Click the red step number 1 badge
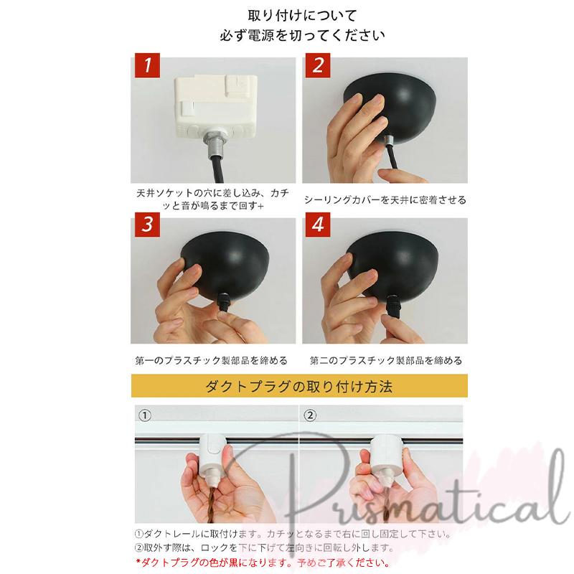click(x=147, y=65)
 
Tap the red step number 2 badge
click(x=318, y=65)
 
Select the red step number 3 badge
click(x=147, y=225)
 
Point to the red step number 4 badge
click(x=318, y=225)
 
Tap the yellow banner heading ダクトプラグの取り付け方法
click(x=299, y=386)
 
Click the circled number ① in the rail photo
click(x=145, y=415)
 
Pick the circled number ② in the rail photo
click(x=310, y=415)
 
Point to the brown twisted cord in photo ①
click(x=212, y=504)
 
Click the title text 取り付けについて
click(x=302, y=15)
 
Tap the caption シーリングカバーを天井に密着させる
click(x=385, y=200)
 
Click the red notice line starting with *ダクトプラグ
click(x=263, y=562)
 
